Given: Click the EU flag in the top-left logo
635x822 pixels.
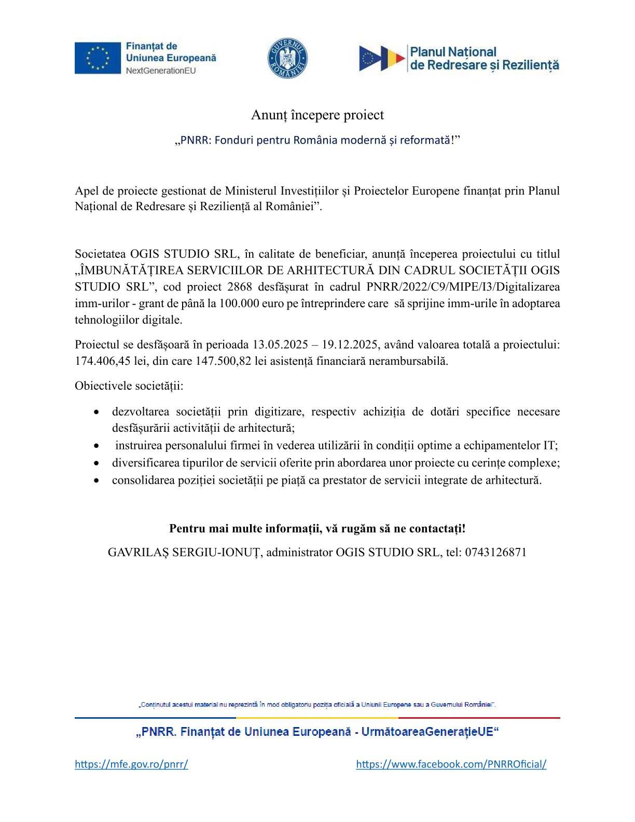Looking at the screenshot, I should tap(98, 58).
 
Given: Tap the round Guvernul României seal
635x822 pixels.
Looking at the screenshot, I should tap(287, 58).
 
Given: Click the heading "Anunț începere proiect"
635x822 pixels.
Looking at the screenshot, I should tap(317, 115).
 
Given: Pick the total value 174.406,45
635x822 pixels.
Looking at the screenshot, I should tap(103, 361).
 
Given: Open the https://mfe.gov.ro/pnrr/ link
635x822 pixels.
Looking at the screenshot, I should tap(131, 764).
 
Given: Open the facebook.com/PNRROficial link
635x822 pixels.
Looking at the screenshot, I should tap(451, 764).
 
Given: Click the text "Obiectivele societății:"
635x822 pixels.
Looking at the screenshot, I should tap(129, 386).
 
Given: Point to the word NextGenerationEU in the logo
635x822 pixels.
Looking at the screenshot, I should tap(161, 71).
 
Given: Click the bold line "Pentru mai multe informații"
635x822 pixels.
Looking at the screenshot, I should tap(317, 529).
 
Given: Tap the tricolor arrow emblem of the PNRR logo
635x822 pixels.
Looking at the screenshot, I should tap(382, 58).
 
